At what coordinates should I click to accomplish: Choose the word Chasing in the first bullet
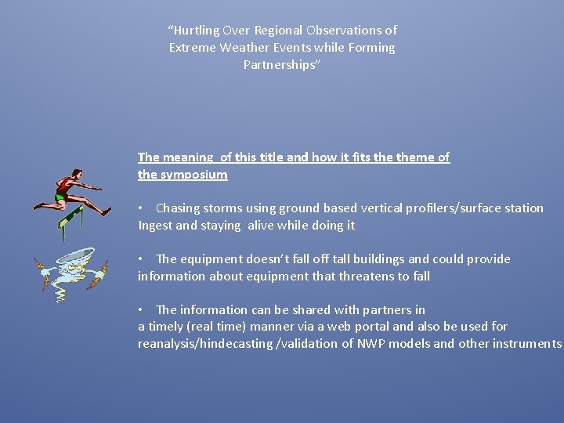(x=179, y=208)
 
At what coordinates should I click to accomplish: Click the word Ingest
(x=155, y=226)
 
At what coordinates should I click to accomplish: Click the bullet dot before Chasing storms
(x=140, y=208)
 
